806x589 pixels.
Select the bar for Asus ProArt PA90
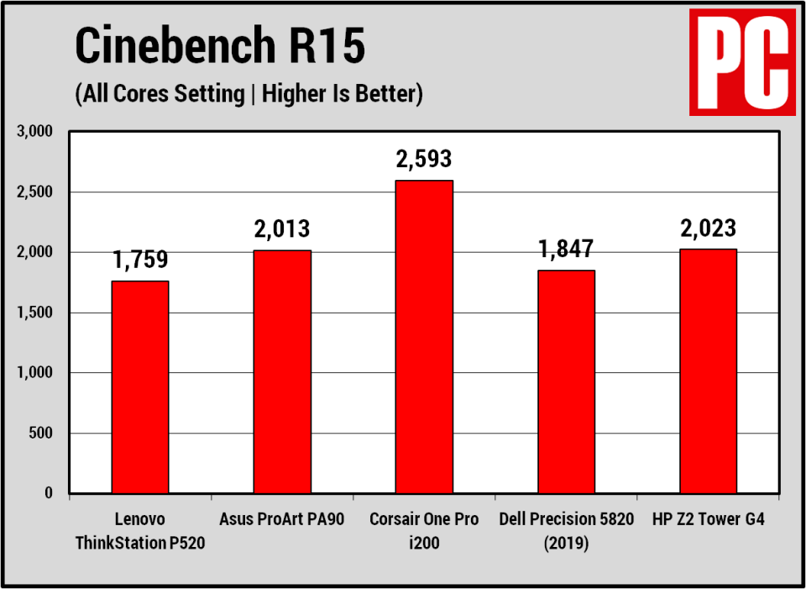(x=282, y=371)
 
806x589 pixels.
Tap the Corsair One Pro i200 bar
(x=424, y=336)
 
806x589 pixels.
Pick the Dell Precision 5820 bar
(x=566, y=381)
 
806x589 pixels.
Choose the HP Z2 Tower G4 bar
(x=708, y=371)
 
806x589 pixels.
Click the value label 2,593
(x=424, y=159)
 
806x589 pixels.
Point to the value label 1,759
(x=140, y=260)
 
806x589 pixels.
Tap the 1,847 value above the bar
(x=566, y=249)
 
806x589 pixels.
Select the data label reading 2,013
(x=282, y=229)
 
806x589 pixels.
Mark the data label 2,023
(x=708, y=228)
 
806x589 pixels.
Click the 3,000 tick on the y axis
(x=34, y=132)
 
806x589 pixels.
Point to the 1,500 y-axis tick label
(x=34, y=313)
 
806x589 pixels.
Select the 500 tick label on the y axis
(x=40, y=434)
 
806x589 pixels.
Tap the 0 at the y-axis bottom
(x=49, y=494)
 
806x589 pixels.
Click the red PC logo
(x=741, y=62)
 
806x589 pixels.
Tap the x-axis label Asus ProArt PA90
(x=282, y=519)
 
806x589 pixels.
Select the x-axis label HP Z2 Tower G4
(x=708, y=519)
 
